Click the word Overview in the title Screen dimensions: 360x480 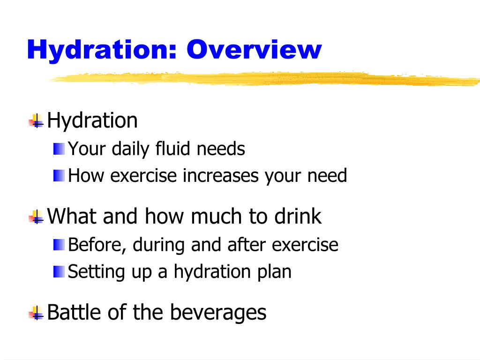pos(254,50)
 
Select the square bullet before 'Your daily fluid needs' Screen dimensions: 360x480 pos(59,150)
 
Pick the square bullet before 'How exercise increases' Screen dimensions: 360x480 pos(59,176)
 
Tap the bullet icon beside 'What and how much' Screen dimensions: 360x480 pos(36,217)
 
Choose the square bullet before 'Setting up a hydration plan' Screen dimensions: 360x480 pos(59,271)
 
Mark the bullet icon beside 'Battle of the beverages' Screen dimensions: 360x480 pos(36,313)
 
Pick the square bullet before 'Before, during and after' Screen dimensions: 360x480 pos(59,245)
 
